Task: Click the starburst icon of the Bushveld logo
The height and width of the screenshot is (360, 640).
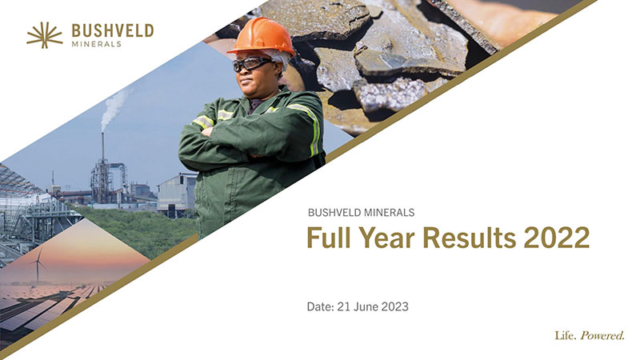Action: (x=45, y=34)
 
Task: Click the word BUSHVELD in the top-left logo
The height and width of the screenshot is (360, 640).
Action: (x=112, y=30)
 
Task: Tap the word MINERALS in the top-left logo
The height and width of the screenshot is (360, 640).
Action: (x=97, y=44)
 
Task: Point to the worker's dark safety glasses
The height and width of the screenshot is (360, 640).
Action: (x=252, y=63)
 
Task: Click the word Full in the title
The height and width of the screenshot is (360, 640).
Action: (x=333, y=239)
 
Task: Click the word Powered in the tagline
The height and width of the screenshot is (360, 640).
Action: (x=602, y=336)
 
